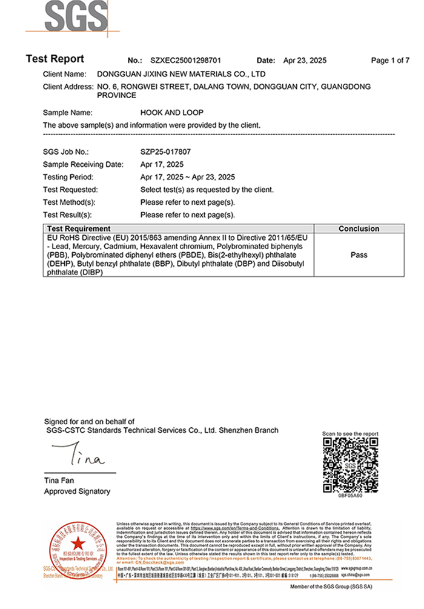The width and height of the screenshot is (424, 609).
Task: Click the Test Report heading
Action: click(55, 59)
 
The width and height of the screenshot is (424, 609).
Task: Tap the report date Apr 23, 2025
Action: click(305, 61)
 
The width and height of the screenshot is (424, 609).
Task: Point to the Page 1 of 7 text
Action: click(390, 61)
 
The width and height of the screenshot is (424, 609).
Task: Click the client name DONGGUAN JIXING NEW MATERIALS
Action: click(181, 74)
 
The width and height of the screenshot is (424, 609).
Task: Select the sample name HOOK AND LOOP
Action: click(171, 113)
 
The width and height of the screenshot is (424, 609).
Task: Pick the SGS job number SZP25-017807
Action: click(165, 152)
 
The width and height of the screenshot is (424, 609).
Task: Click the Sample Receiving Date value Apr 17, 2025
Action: click(162, 165)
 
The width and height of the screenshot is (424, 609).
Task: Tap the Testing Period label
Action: click(68, 178)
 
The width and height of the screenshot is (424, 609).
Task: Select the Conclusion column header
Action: click(359, 229)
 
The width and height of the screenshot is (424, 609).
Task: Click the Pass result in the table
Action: click(359, 255)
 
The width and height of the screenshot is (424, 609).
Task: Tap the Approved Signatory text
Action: click(77, 491)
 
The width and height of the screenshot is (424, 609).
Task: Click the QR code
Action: click(350, 465)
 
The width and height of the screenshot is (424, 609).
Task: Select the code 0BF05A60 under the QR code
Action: click(350, 495)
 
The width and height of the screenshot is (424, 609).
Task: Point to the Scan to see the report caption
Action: click(350, 434)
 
